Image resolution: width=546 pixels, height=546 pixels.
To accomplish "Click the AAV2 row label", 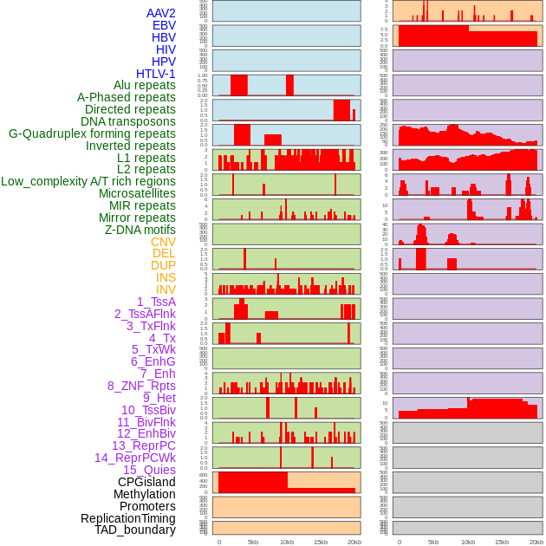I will tap(160, 13).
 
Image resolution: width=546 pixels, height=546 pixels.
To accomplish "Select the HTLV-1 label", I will tap(155, 74).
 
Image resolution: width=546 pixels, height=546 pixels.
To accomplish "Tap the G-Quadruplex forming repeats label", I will tap(92, 133).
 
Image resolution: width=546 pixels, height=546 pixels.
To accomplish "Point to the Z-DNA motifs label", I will tap(140, 230).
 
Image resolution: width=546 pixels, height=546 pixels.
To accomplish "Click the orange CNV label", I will tap(163, 242).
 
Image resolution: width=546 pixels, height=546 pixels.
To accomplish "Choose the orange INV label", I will tap(166, 289).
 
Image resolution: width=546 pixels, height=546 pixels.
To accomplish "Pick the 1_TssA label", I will tap(156, 302).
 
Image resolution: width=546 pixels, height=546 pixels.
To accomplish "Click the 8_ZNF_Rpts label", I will tap(141, 386).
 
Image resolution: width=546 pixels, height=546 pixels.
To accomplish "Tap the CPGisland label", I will tap(146, 482).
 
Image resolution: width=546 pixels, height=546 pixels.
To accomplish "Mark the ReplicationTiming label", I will tap(127, 518).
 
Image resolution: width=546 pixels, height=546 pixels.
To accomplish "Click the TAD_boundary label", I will tap(134, 530).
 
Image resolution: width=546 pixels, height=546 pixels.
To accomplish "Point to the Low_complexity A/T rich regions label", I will tap(88, 181).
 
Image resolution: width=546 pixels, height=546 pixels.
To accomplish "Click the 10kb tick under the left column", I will tap(287, 543).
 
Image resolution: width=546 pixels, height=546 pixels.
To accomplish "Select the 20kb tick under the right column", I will tap(536, 543).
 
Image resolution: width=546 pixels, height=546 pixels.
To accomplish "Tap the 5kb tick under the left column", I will tap(253, 543).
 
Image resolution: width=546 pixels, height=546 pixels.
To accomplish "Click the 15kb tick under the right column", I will tap(502, 543).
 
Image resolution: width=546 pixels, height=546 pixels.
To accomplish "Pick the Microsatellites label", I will tap(136, 193).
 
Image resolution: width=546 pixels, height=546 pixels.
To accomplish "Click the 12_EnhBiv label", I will tap(146, 433).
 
